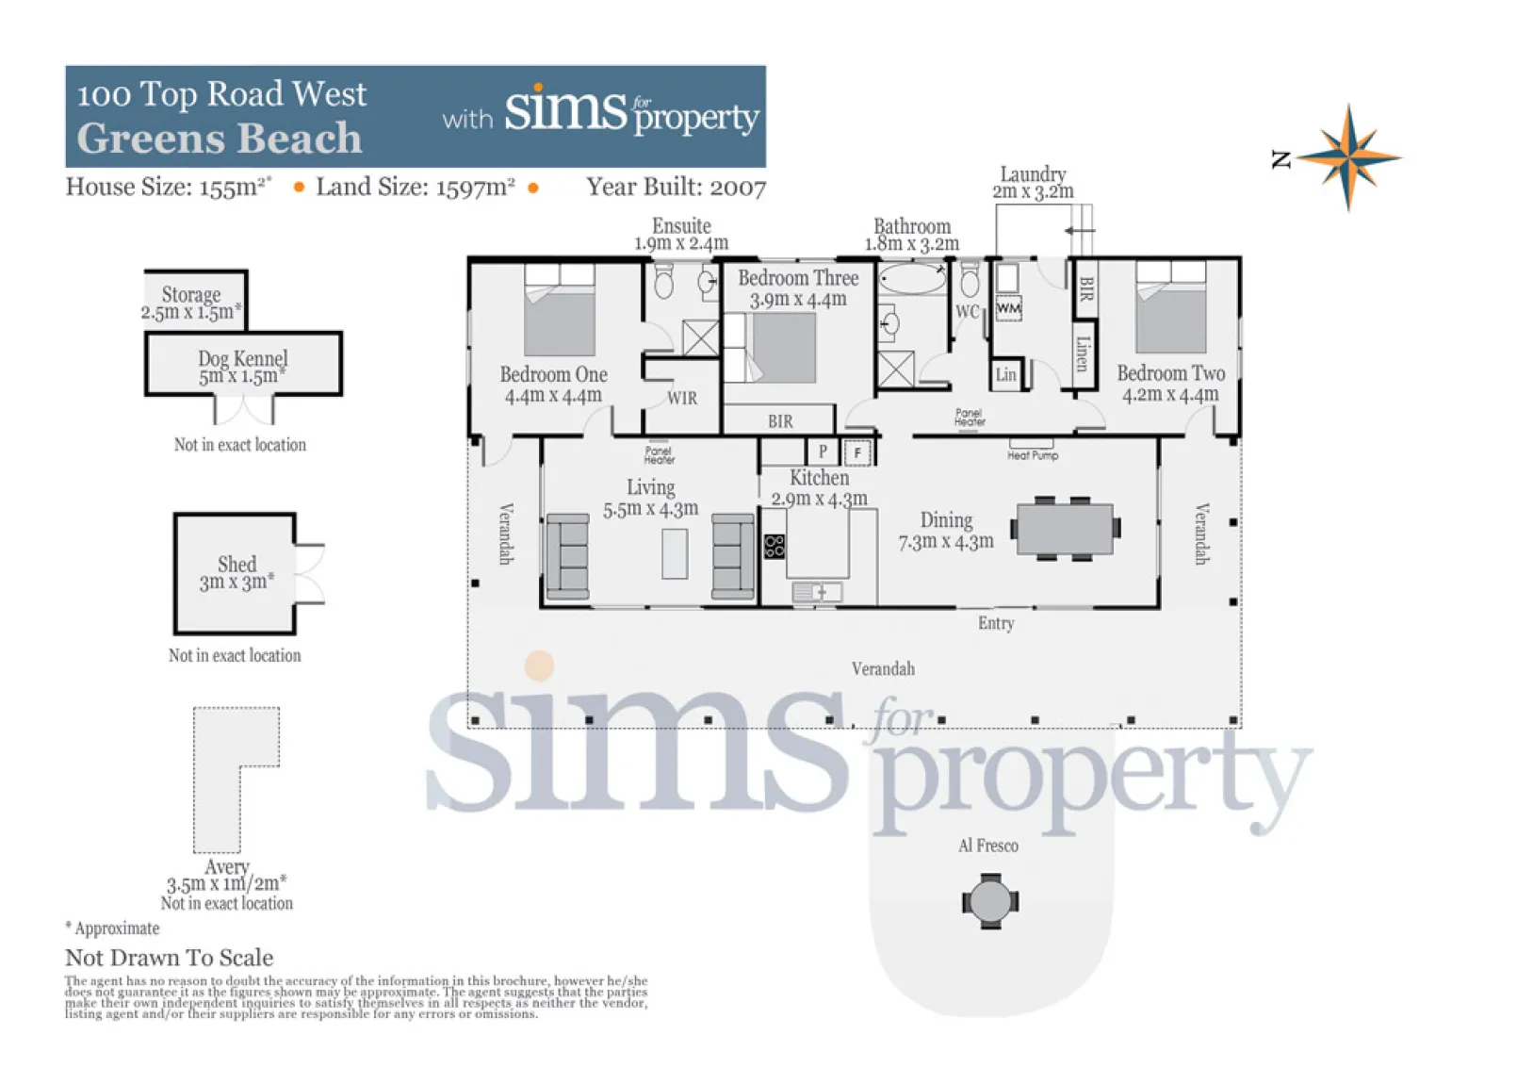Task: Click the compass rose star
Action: tap(1349, 157)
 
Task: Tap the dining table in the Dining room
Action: tap(1065, 529)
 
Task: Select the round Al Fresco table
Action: tap(990, 901)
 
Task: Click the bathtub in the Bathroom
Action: tap(912, 279)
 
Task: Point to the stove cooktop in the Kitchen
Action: tap(774, 546)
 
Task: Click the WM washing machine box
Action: tap(1008, 308)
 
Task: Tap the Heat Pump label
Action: tap(1032, 455)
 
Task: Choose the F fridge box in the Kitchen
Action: tap(856, 452)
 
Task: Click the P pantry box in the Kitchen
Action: tap(824, 452)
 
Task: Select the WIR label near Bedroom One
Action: tap(681, 398)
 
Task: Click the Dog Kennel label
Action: tap(243, 358)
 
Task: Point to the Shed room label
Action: tap(236, 565)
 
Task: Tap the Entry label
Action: tap(996, 623)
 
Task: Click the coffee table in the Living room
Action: tap(675, 553)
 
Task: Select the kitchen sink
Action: tap(817, 592)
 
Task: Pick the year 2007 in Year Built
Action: tap(738, 187)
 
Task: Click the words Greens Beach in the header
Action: tap(219, 139)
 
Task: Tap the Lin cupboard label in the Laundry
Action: tap(1005, 374)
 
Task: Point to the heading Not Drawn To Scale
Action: tap(169, 958)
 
